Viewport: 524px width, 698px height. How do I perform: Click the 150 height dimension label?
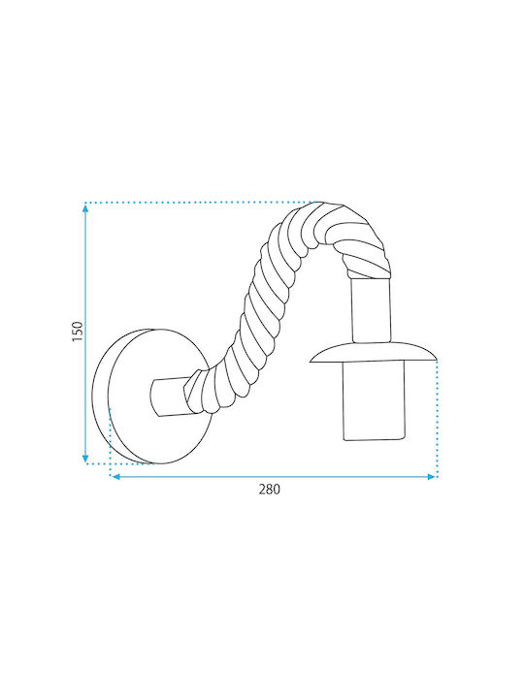pos(78,332)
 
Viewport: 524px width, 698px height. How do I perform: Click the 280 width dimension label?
pos(270,490)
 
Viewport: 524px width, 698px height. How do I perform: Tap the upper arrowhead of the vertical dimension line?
pos(85,208)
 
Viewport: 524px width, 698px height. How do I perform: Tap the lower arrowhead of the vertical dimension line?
pos(85,459)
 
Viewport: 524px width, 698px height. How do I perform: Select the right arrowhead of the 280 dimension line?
pos(431,477)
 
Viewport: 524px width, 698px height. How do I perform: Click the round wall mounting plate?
pos(151,397)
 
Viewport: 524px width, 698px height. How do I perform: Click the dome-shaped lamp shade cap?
pos(373,352)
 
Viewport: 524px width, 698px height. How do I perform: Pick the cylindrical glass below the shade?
pos(375,401)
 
